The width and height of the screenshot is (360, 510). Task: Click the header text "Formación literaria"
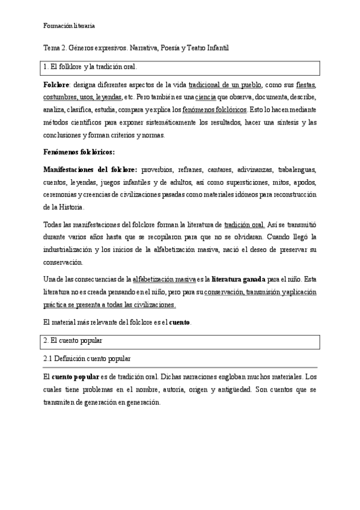click(x=69, y=26)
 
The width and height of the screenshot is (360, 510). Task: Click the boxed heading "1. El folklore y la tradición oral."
click(x=94, y=67)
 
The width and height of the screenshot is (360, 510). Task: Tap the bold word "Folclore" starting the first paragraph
click(x=56, y=85)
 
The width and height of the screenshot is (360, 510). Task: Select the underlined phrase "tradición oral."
click(x=244, y=225)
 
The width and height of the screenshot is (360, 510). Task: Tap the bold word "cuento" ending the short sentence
click(x=179, y=322)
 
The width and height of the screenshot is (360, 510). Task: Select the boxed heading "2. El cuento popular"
click(x=77, y=341)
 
